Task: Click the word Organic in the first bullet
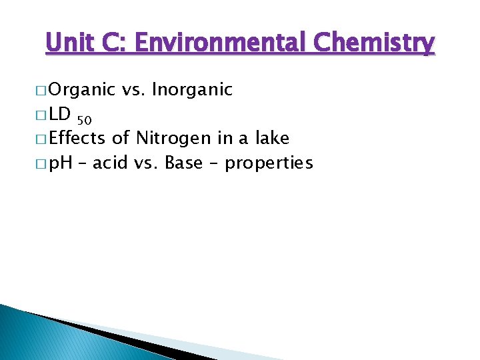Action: click(81, 89)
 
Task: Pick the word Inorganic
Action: click(192, 89)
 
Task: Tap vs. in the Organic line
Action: click(133, 89)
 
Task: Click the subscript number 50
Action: click(84, 121)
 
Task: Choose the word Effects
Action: click(77, 139)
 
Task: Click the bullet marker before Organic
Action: click(39, 90)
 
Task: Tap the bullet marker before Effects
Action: click(39, 139)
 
